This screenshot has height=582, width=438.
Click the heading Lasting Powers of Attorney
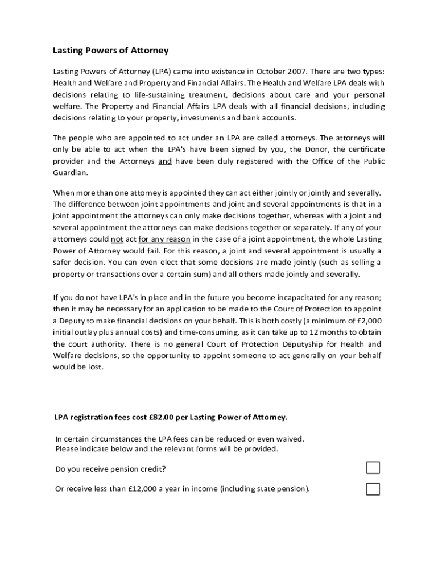111,51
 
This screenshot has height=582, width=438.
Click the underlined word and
165,161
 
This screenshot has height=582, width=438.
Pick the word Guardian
71,172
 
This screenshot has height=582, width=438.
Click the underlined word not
117,239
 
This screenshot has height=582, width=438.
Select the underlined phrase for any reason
164,239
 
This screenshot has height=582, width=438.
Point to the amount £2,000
368,321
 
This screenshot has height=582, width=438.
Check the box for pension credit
373,468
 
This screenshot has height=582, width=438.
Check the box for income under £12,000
373,489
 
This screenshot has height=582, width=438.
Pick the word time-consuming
210,332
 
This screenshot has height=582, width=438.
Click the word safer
64,262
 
